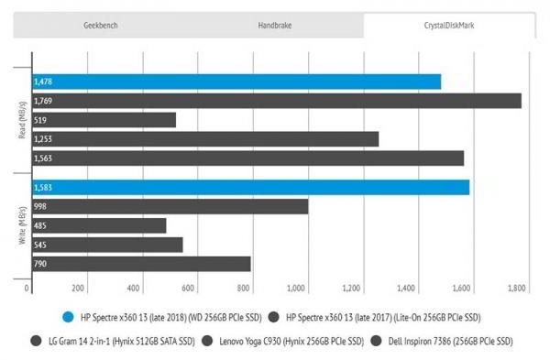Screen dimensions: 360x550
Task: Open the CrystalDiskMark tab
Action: [449, 26]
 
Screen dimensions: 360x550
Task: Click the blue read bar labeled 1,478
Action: [236, 82]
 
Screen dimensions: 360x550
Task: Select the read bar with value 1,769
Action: [276, 101]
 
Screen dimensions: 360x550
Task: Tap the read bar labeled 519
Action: [104, 120]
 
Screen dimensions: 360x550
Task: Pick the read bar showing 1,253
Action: [205, 139]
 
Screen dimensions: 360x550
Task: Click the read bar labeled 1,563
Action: [247, 158]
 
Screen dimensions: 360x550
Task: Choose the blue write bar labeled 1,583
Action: [250, 187]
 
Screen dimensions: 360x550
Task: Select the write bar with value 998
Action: [170, 206]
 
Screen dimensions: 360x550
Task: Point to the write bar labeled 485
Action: [99, 225]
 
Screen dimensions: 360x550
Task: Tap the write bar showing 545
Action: [107, 245]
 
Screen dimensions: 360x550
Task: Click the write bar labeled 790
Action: [141, 264]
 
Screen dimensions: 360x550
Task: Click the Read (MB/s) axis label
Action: [21, 121]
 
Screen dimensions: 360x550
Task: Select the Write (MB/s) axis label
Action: [21, 225]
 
